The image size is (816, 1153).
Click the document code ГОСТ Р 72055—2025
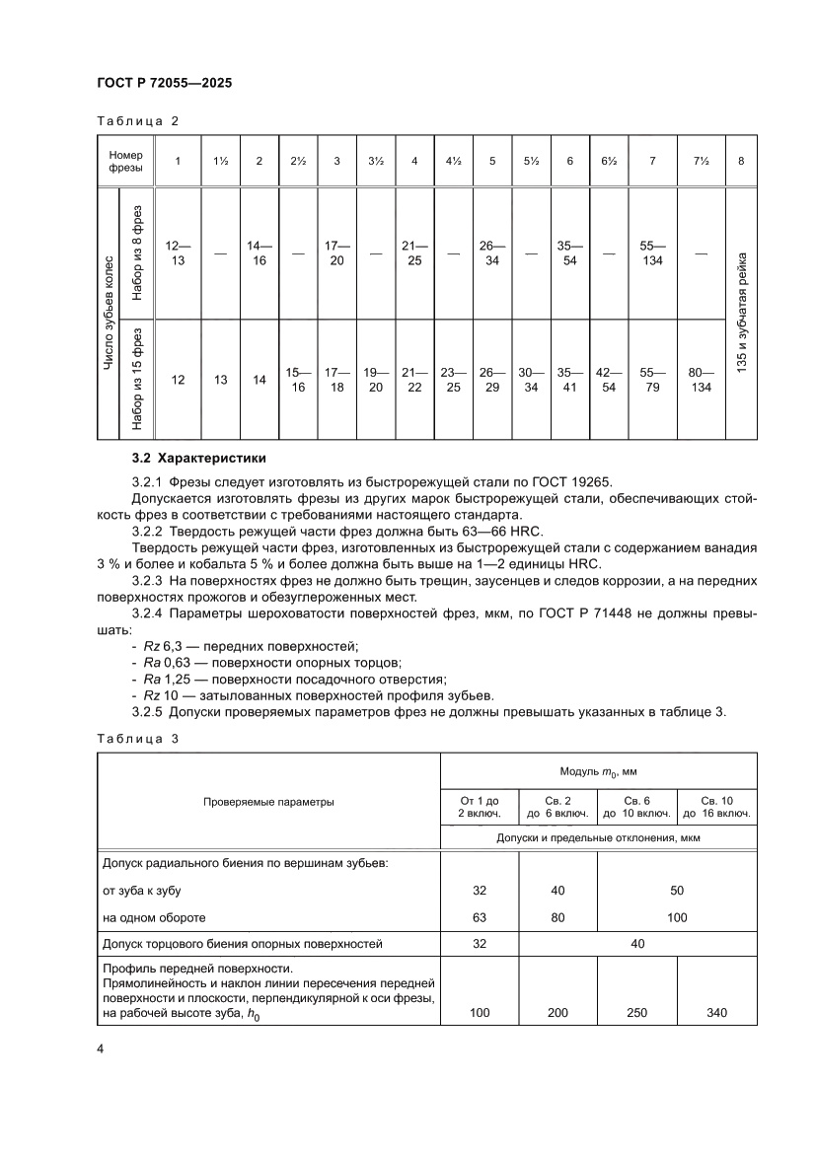click(x=164, y=84)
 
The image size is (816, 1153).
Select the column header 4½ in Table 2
click(x=453, y=161)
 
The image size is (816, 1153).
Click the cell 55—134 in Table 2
click(x=652, y=253)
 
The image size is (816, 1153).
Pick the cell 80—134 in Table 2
click(x=701, y=380)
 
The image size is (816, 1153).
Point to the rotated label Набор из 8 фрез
click(x=136, y=252)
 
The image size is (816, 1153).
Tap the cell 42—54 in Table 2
click(x=609, y=380)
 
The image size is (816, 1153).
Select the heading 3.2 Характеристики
click(x=198, y=459)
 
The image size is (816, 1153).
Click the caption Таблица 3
click(x=137, y=737)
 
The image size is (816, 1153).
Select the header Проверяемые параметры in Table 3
click(x=268, y=802)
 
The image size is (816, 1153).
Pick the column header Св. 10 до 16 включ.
click(x=715, y=806)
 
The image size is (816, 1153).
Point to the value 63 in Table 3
click(x=480, y=917)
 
